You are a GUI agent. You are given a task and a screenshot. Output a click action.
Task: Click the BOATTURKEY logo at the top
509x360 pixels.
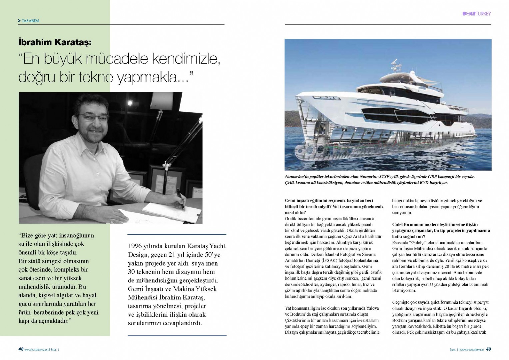476,14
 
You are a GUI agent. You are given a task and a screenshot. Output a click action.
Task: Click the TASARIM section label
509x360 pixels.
30,21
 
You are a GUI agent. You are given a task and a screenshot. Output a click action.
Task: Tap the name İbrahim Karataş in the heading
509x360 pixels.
55,42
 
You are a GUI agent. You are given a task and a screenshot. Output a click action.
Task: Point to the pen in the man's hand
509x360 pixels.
180,199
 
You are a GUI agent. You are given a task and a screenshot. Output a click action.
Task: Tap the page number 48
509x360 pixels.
21,349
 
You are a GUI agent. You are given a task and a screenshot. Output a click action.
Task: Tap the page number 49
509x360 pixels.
488,349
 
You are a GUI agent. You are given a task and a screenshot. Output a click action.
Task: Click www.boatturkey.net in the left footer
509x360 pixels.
37,350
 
